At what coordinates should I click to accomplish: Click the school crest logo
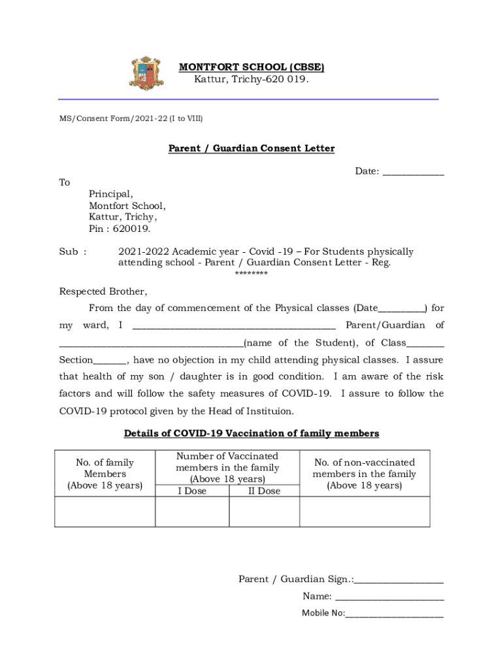click(147, 73)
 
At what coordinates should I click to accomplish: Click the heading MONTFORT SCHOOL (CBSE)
click(252, 67)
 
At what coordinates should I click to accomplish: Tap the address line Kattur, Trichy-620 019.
click(252, 80)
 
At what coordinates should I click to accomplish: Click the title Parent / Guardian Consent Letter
click(252, 148)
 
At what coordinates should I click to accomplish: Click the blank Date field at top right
click(413, 172)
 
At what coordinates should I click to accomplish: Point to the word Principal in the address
click(110, 194)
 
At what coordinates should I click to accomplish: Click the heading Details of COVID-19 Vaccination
click(252, 433)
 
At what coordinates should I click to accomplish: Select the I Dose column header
click(192, 491)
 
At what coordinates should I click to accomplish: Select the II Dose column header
click(264, 491)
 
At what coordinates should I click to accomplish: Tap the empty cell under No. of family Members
click(105, 512)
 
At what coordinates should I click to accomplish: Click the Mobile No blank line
click(395, 614)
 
